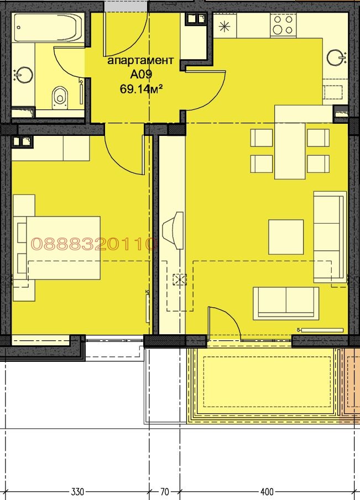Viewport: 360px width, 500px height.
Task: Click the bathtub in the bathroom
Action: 48,27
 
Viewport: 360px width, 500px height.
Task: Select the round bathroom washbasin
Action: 24,75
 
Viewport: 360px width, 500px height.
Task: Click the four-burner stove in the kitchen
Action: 283,25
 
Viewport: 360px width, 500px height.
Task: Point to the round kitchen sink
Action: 336,57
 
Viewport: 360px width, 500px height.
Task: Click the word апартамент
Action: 141,60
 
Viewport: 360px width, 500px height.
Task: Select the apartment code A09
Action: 141,74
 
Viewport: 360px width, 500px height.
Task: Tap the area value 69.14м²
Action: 142,88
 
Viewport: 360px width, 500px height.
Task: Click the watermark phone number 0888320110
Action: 94,244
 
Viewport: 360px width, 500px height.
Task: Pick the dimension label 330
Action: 77,492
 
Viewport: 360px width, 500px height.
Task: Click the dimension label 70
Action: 165,492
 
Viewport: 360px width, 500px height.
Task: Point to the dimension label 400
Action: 267,492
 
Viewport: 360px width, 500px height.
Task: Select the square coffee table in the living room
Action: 286,237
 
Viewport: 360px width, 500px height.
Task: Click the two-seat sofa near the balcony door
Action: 286,303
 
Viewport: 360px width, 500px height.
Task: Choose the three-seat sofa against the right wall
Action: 330,237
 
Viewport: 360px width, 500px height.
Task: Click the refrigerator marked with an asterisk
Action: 225,26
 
